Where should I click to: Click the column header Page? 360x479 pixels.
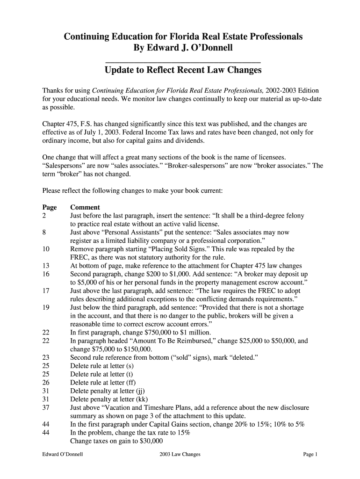[50, 207]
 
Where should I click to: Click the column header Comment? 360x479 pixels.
[85, 207]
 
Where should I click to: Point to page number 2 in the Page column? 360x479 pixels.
[44, 216]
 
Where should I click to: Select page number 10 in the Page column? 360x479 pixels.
[46, 249]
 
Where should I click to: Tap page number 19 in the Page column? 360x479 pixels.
[46, 308]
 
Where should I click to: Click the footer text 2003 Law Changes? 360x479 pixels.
[180, 454]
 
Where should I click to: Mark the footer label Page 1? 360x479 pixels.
[310, 454]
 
